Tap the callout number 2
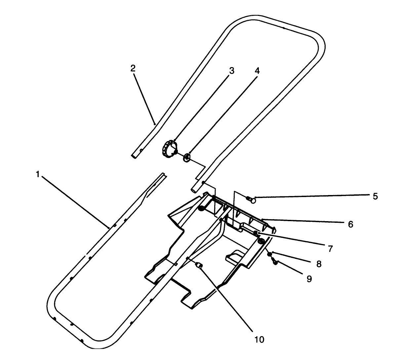coord(133,68)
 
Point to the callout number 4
coord(257,71)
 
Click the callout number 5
coord(375,196)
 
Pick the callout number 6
coord(350,224)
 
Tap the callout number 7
coord(330,249)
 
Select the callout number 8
coord(319,264)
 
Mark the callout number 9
coord(309,279)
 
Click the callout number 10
coord(260,340)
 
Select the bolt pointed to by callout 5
coord(252,199)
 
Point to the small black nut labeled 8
coord(270,254)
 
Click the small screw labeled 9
coord(274,262)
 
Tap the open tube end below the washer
coord(194,191)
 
